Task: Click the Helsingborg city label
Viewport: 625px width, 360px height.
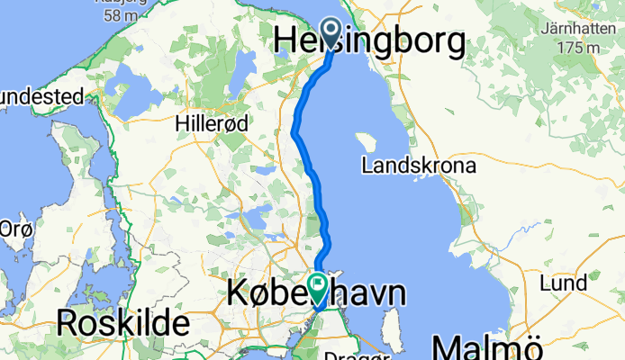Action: click(x=369, y=42)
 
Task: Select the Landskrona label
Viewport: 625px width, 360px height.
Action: click(x=419, y=166)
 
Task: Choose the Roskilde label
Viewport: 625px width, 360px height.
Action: click(x=122, y=322)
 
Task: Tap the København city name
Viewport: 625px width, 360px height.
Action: click(x=315, y=293)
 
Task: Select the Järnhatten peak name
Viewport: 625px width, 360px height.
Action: click(x=580, y=27)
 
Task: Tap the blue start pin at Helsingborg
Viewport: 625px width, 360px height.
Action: click(x=331, y=34)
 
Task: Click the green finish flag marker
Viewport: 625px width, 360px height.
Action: click(x=319, y=286)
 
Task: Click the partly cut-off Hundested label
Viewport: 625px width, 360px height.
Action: click(x=41, y=96)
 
